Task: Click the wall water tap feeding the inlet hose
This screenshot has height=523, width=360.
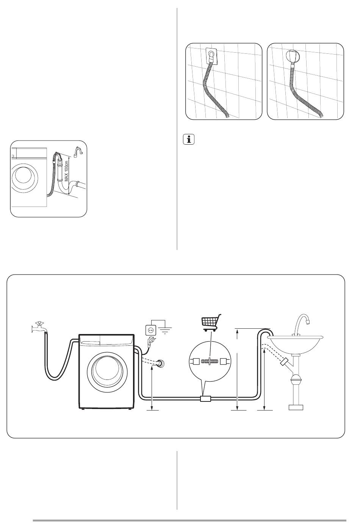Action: [x=38, y=327]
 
